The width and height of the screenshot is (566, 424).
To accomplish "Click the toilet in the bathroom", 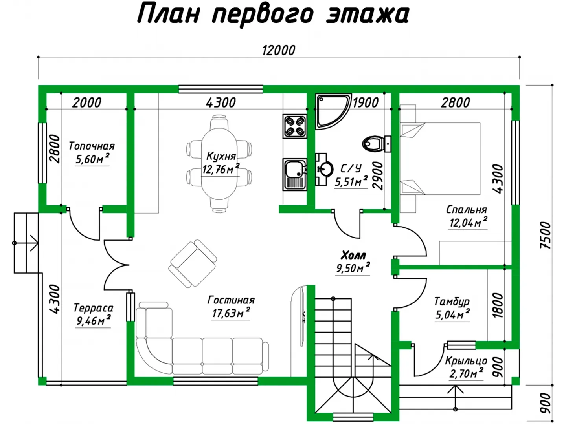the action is tap(377, 144).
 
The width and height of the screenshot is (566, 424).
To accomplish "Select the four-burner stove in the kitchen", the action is tap(295, 126).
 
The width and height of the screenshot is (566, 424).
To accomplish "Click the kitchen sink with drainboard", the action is tap(295, 175).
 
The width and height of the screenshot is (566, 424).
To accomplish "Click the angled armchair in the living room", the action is tap(193, 263).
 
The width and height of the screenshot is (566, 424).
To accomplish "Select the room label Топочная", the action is tap(92, 146).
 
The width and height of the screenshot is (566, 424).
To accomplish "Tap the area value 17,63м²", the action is tap(231, 313).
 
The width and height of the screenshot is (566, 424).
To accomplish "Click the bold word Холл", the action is tap(353, 256).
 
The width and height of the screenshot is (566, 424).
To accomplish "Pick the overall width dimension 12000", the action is tap(279, 50).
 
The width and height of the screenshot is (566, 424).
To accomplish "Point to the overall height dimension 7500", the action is tap(545, 235).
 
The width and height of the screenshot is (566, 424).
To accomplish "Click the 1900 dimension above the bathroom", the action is tap(366, 102).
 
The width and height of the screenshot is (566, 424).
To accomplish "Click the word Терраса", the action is tap(93, 308).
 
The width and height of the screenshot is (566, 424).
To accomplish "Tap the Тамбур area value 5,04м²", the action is tap(452, 314).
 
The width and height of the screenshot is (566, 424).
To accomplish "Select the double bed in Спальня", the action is tap(440, 159).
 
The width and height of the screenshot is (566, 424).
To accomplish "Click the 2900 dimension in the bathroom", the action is tap(378, 176).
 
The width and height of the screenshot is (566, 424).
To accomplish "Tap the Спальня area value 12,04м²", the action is tap(468, 222).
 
